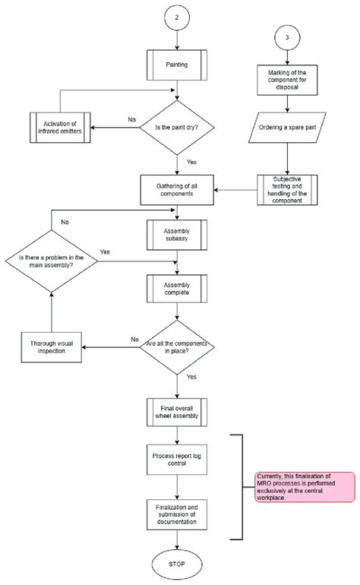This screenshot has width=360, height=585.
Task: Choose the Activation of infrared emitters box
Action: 60,126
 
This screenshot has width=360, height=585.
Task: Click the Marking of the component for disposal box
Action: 286,79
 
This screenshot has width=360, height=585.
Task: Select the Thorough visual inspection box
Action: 51,346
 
